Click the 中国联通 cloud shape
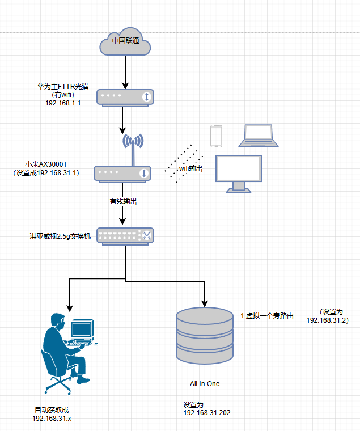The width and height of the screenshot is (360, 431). click(125, 41)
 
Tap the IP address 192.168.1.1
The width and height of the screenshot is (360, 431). click(62, 103)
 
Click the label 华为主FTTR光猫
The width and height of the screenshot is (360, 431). click(63, 87)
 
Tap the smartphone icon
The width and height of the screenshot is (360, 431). click(216, 136)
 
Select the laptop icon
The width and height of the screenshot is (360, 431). click(259, 136)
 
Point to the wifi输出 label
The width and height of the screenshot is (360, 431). click(191, 168)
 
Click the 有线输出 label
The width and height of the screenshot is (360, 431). click(124, 201)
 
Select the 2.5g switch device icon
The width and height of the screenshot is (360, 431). click(125, 235)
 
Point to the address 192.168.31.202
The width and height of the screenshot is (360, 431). click(206, 413)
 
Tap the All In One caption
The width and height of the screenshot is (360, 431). click(205, 384)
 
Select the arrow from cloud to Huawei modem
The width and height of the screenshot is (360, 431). click(125, 71)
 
